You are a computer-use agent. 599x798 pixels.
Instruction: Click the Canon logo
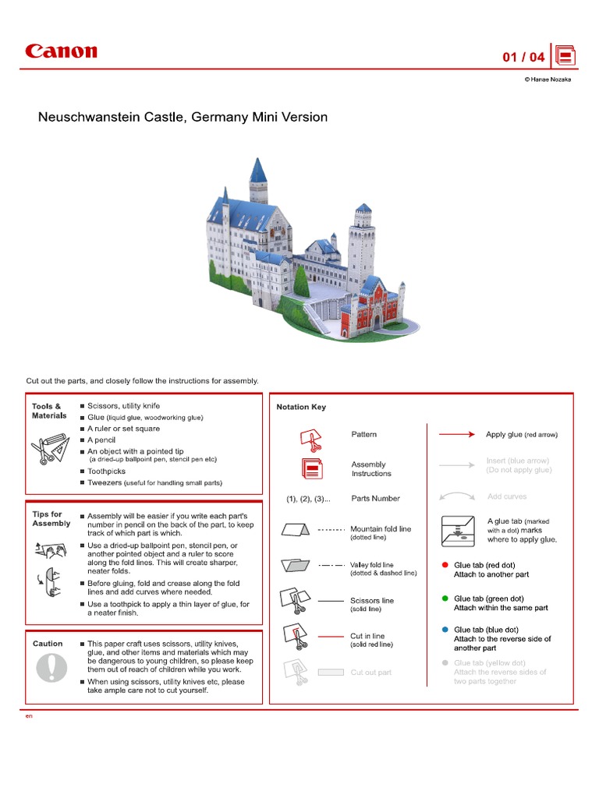[x=61, y=52]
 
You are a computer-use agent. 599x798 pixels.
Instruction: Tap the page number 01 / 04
[x=523, y=57]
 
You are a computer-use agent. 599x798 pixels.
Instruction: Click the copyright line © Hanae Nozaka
[x=547, y=79]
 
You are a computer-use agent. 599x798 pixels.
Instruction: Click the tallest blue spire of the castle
[x=258, y=170]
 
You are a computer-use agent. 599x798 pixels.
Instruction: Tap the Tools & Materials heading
[x=49, y=411]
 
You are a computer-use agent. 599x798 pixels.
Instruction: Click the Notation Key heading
[x=301, y=407]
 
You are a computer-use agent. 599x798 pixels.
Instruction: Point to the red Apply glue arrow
[x=456, y=434]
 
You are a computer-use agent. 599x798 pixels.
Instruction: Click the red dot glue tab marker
[x=445, y=565]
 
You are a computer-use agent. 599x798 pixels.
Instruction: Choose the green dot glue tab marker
[x=445, y=598]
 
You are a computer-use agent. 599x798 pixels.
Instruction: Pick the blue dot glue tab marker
[x=445, y=630]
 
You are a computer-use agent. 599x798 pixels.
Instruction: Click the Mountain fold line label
[x=381, y=528]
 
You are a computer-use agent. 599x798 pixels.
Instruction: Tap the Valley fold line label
[x=372, y=565]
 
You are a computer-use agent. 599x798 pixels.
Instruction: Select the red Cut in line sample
[x=331, y=636]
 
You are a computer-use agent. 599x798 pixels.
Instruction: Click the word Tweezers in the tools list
[x=105, y=483]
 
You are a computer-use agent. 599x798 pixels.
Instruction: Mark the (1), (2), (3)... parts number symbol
[x=307, y=499]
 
